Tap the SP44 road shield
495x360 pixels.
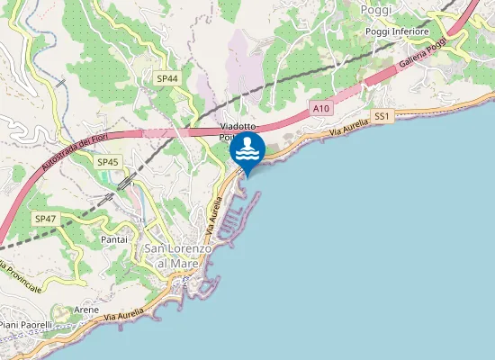tap(167, 79)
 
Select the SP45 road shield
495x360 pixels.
tap(107, 162)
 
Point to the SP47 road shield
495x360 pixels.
tap(45, 220)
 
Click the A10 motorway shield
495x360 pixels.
tap(322, 108)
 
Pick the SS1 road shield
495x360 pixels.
tap(382, 116)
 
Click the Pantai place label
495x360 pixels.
tap(114, 240)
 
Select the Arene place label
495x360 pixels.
tap(86, 309)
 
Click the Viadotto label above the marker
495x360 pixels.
tap(240, 128)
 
